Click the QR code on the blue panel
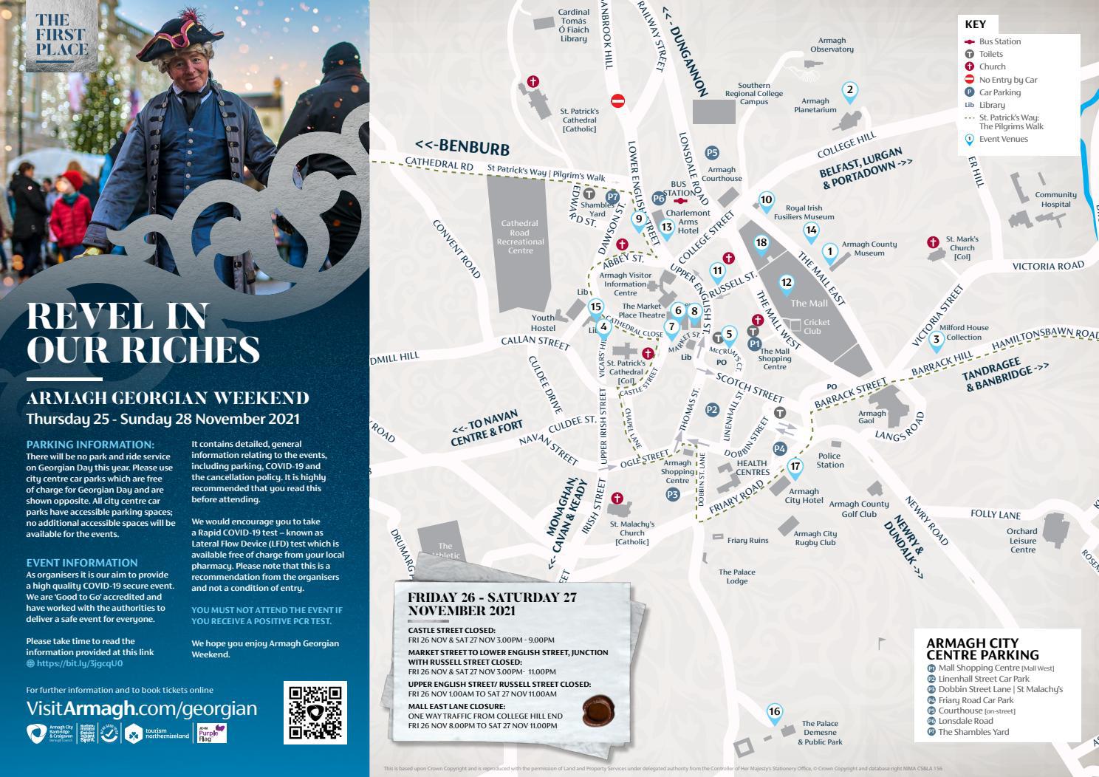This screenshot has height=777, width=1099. pos(314,712)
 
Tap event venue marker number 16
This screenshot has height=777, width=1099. pos(774,712)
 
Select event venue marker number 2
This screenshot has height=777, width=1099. pos(849,91)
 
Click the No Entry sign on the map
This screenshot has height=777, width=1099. pos(618,100)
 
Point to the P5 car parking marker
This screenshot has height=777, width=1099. pos(711,153)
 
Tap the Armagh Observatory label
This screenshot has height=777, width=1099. pos(832,45)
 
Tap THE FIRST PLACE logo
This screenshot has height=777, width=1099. pos(61,35)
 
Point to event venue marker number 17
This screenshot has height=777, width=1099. pos(795,467)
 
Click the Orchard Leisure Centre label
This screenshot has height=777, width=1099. pos(1022,540)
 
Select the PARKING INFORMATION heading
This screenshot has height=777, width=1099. pos(90,445)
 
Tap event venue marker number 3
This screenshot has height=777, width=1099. pos(936,340)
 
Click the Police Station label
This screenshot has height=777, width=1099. pos(829,460)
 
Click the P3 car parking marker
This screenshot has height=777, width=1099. pos(672,494)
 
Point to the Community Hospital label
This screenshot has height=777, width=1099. pos(1055,199)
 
